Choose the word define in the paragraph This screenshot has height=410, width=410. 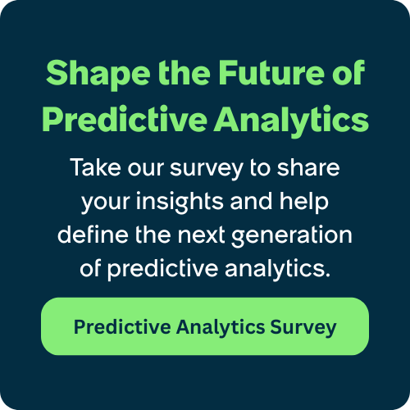pos(86,235)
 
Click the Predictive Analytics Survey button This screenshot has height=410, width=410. pos(205,326)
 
